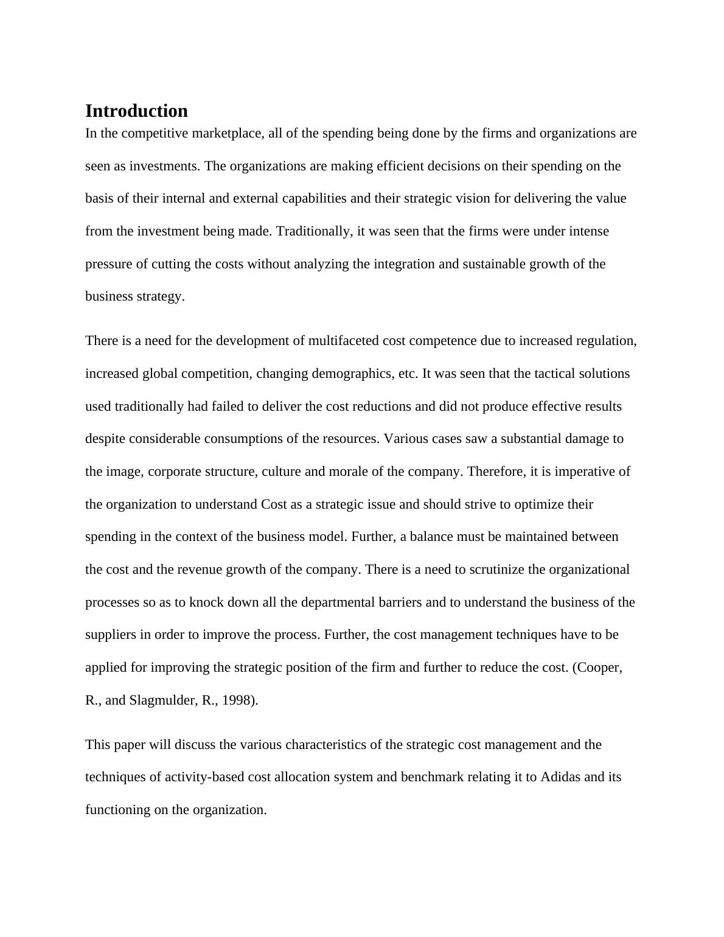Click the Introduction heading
pos(136,111)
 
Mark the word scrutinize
pos(516,570)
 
